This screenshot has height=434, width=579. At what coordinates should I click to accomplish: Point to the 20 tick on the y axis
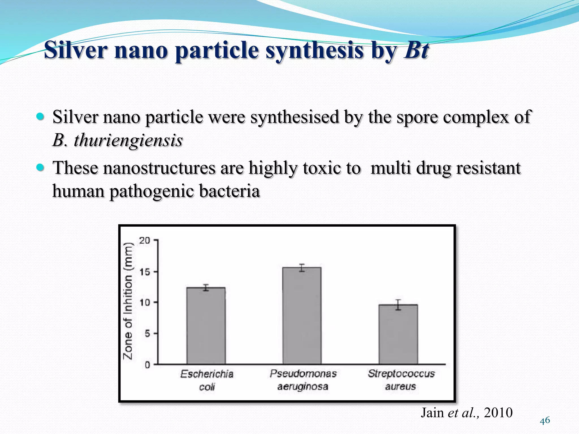pos(144,240)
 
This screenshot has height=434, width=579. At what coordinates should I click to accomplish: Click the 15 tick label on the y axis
pos(144,272)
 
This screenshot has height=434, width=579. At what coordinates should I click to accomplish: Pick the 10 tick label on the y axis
pos(144,303)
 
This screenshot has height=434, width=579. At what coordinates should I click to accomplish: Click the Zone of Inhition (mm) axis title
pos(128,301)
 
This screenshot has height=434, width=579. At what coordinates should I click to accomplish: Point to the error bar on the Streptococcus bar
pos(398,305)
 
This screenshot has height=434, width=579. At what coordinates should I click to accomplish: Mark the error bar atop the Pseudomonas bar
pos(302,268)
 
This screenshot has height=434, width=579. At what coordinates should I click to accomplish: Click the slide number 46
pos(545,420)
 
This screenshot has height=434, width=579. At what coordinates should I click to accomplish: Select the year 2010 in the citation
pos(498,413)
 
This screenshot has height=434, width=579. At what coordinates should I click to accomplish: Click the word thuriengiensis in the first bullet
pos(128,140)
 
